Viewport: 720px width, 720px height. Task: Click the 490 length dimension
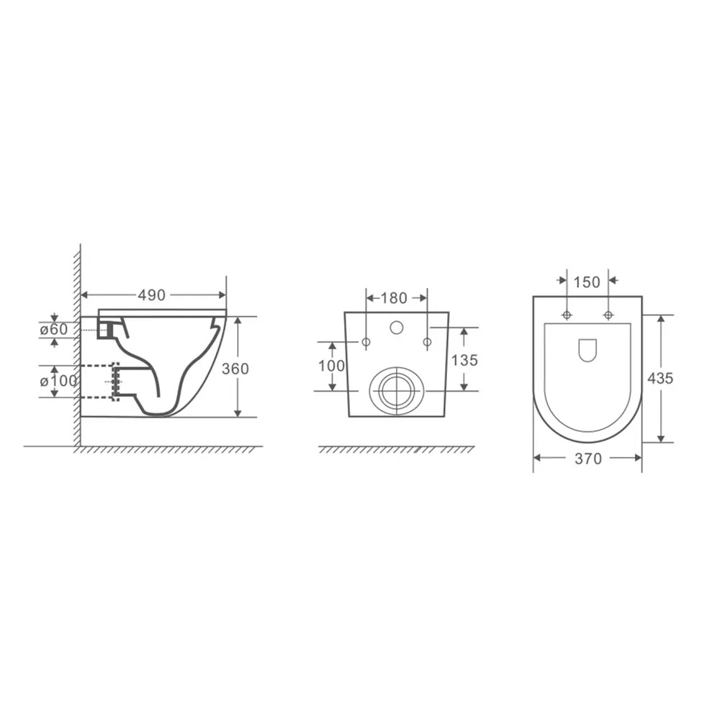(x=151, y=295)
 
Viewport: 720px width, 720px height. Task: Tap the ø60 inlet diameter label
(x=54, y=329)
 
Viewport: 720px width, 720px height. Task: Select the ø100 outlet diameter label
(x=58, y=381)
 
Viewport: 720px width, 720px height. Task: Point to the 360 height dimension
(x=235, y=368)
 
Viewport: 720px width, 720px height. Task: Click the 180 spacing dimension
(x=394, y=298)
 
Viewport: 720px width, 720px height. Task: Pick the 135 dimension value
(x=464, y=360)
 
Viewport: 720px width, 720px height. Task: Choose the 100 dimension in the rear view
(x=331, y=366)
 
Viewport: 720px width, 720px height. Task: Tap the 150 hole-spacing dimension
(x=587, y=282)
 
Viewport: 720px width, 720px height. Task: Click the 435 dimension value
(x=660, y=379)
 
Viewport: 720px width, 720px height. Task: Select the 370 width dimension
(x=588, y=458)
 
